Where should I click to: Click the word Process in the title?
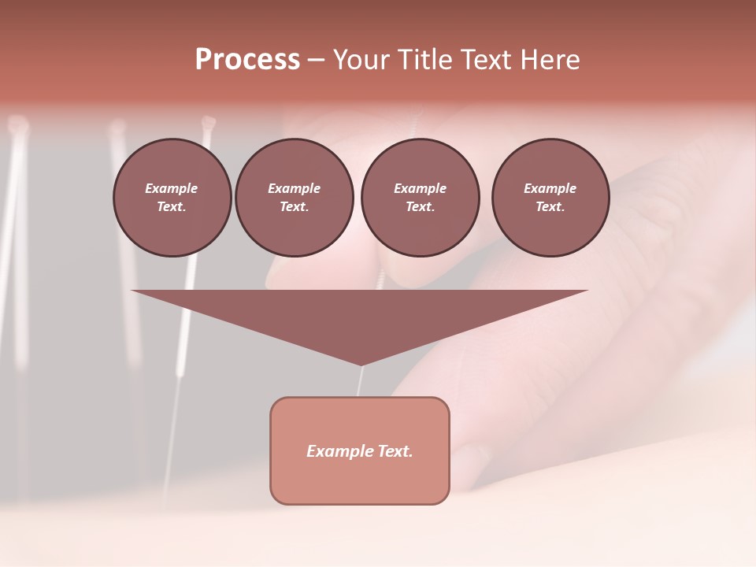point(247,60)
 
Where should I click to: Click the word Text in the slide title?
point(489,60)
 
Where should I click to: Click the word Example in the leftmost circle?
point(172,188)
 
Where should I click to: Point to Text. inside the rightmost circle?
point(550,207)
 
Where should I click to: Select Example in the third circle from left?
point(420,188)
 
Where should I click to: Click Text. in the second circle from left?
point(295,207)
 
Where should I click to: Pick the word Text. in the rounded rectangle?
point(395,451)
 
